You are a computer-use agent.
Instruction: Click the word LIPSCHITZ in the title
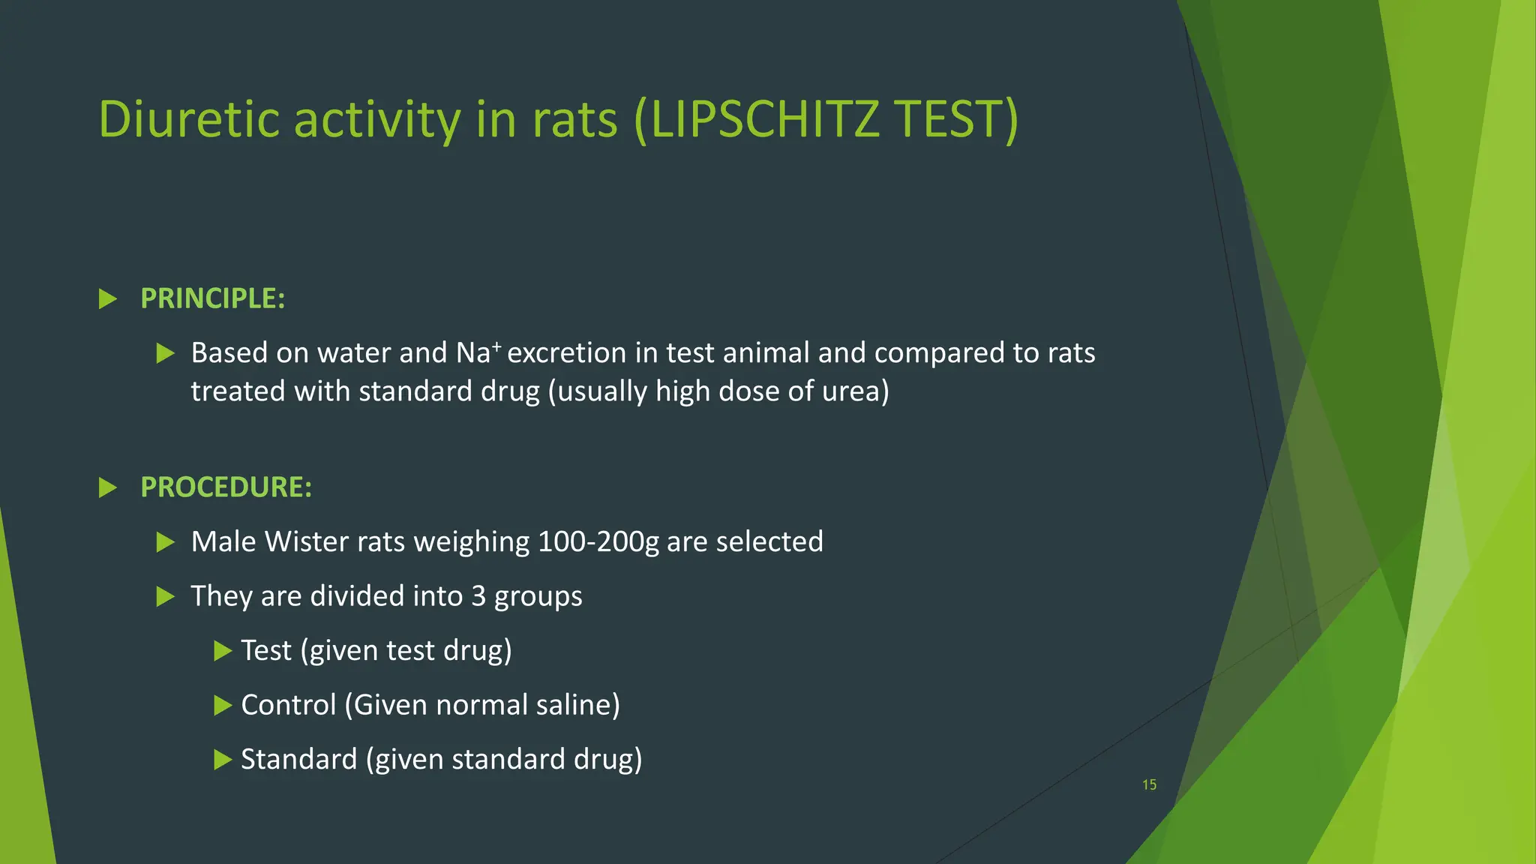tap(764, 120)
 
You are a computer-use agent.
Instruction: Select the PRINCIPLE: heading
tap(213, 298)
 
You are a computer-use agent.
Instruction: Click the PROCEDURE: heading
tap(226, 487)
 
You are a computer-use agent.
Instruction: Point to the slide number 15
tap(1149, 784)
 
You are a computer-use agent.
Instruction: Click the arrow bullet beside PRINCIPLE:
tap(109, 299)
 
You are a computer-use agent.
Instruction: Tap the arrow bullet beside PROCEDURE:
tap(109, 488)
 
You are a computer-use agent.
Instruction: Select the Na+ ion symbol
tap(478, 352)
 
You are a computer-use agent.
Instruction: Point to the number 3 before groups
tap(478, 596)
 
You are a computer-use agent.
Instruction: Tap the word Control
tap(288, 705)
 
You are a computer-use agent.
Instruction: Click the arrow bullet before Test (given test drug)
tap(223, 650)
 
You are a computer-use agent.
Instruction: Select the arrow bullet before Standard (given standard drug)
tap(223, 760)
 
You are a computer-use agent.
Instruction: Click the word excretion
tap(566, 352)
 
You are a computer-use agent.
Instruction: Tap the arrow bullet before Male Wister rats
tap(166, 542)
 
